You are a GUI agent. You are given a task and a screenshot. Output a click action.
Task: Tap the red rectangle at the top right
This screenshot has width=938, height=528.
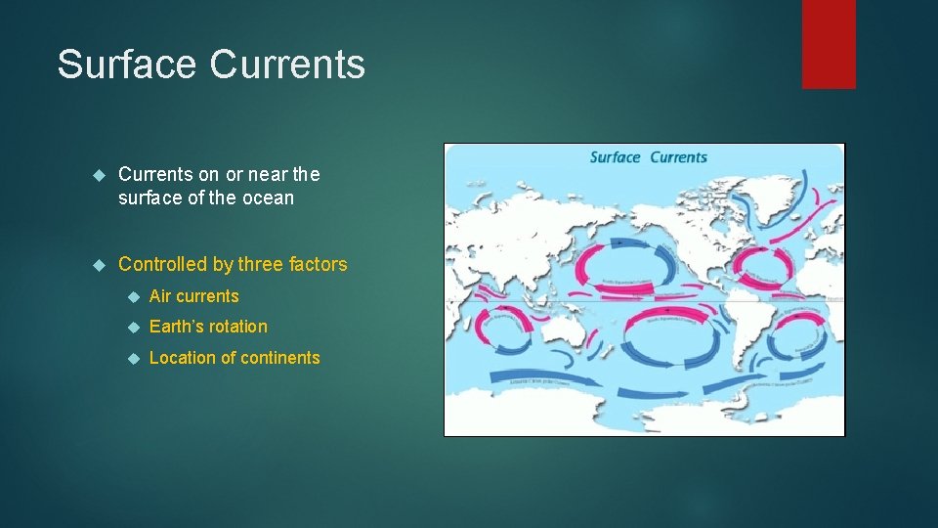(x=829, y=44)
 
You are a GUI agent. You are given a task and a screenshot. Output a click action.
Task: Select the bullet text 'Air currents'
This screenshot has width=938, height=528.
(x=193, y=296)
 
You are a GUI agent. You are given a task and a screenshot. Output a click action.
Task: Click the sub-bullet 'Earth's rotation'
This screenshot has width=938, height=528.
(x=208, y=327)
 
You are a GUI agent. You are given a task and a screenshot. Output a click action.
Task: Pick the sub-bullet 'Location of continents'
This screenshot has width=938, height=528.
(x=234, y=358)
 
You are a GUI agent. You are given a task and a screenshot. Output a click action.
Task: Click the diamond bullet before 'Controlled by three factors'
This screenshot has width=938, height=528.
(x=97, y=265)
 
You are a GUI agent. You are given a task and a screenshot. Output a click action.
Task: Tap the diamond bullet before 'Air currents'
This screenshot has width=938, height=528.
(x=133, y=296)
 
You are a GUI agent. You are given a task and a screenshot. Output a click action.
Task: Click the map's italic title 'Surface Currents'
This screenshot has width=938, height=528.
(x=648, y=157)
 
